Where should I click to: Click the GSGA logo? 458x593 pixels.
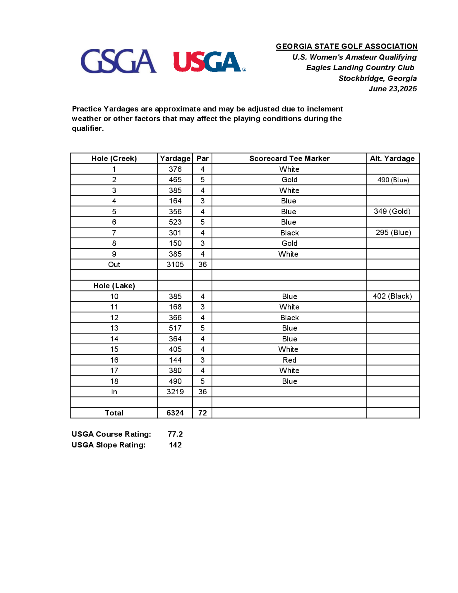point(119,61)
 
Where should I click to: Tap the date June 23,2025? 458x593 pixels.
point(392,89)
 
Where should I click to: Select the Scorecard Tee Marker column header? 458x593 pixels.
point(289,158)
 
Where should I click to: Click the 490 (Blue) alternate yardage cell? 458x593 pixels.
point(393,180)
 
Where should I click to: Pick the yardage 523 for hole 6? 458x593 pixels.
point(175,222)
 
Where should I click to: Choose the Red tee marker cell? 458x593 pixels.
point(289,360)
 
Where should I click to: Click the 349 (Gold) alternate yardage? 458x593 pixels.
point(392,211)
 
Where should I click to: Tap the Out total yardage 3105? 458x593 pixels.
point(175,264)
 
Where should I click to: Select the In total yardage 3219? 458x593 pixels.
point(175,392)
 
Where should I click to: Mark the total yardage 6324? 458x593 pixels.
point(175,413)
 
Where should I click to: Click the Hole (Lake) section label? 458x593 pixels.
point(114,286)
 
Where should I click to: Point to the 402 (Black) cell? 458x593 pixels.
point(392,296)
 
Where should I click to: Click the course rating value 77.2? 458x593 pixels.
point(175,434)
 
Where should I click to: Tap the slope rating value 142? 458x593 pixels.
point(175,445)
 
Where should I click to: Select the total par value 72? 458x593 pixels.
point(202,413)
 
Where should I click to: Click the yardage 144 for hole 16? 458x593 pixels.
point(175,360)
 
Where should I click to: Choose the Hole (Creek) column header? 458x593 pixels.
point(114,158)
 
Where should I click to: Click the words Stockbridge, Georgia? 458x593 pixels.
point(377,78)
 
